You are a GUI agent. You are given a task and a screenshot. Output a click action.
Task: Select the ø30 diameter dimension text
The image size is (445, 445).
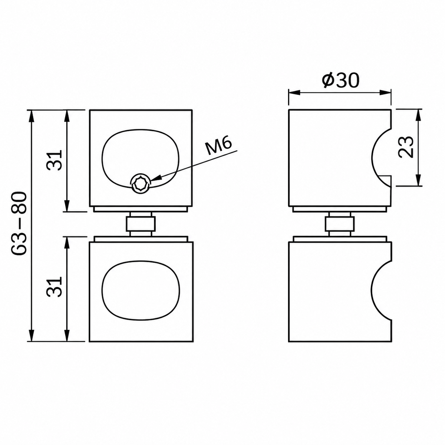point(341,80)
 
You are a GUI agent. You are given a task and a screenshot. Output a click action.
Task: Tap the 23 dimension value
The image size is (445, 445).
point(406,147)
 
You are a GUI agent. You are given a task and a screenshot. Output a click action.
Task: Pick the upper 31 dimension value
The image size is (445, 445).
point(55,160)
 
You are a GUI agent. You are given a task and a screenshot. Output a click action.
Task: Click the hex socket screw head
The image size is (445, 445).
point(140,184)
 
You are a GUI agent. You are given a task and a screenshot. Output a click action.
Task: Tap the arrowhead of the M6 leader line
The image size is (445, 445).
point(155,179)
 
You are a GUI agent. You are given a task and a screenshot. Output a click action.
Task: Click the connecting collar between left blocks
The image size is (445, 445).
point(141,224)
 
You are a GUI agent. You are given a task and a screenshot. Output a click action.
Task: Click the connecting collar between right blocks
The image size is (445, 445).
point(339,224)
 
